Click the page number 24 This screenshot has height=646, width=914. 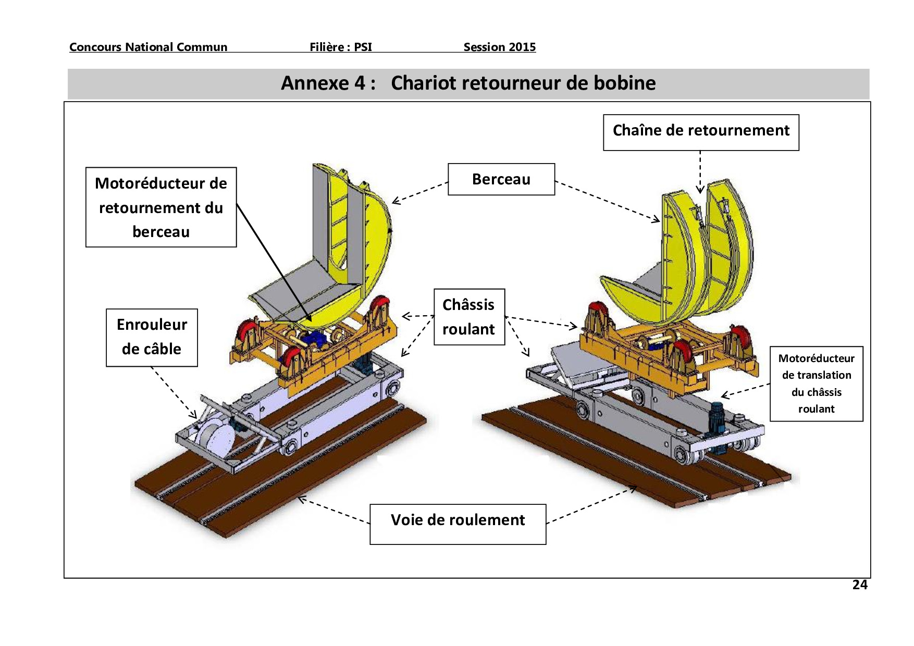(x=859, y=585)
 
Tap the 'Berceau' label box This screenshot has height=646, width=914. (x=501, y=179)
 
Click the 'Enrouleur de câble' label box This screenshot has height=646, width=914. (x=152, y=337)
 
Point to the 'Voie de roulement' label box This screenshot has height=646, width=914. (x=458, y=524)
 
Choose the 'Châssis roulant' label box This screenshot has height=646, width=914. (x=469, y=317)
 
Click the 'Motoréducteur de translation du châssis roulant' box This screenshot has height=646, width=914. (x=816, y=383)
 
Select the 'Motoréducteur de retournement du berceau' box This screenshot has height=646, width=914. (x=161, y=207)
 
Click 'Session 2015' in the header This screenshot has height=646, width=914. (x=499, y=47)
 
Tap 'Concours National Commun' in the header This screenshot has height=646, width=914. (x=148, y=47)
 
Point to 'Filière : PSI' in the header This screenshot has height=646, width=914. (x=341, y=47)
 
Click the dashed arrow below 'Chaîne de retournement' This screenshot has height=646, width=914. (x=700, y=172)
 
